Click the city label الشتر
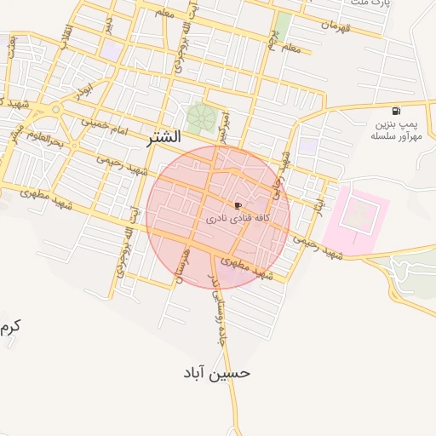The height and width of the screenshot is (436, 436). pos(163,136)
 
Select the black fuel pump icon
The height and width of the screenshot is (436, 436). pos(395,112)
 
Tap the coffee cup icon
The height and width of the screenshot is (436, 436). pos(237,205)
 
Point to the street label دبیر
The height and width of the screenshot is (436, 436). pos(108,25)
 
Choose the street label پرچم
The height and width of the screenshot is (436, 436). pos(275,38)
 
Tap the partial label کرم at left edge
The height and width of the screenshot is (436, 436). pos(10,326)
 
